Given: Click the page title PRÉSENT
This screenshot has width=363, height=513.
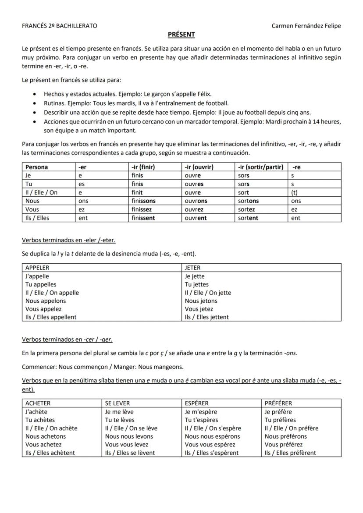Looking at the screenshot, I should click(x=181, y=35).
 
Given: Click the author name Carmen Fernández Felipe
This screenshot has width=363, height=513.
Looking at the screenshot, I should click(x=306, y=26).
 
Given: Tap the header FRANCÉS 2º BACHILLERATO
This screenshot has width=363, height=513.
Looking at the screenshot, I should click(x=60, y=26).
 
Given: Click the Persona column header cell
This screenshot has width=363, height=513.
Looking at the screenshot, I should click(x=37, y=167).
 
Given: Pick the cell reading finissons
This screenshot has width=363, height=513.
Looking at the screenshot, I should click(x=143, y=201).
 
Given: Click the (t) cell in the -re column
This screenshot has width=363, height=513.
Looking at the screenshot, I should click(x=294, y=192).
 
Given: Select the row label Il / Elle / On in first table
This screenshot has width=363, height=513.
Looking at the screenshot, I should click(x=41, y=192).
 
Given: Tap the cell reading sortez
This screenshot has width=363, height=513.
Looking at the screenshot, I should click(x=246, y=209).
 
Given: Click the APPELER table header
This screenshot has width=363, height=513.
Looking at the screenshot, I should click(x=38, y=268).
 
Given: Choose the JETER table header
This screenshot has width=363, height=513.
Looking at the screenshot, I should click(x=192, y=268).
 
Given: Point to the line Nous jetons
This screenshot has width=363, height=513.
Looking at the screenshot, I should click(x=201, y=301).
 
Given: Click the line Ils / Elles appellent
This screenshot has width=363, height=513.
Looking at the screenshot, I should click(x=51, y=317).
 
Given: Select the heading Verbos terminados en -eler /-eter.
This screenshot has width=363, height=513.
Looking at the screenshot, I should click(x=69, y=240).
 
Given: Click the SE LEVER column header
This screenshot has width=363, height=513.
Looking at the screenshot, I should click(x=117, y=403).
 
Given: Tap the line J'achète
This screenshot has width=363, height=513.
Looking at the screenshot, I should click(x=36, y=412).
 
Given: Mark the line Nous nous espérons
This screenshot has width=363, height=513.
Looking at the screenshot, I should click(x=212, y=436).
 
